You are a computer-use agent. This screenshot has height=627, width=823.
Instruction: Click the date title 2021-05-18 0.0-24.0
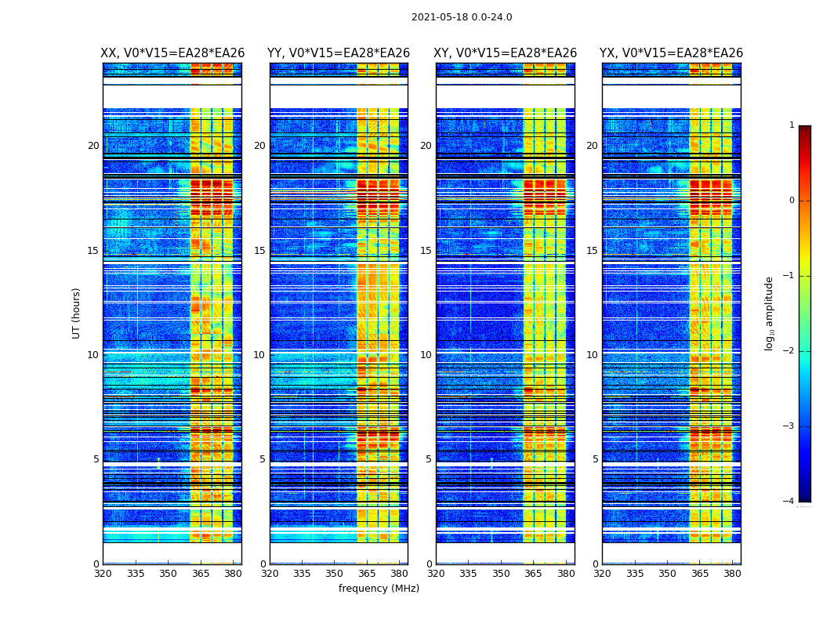tap(462, 17)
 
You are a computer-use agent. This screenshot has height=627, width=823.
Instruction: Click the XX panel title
tap(172, 53)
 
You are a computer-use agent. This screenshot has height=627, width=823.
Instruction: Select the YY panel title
tap(339, 53)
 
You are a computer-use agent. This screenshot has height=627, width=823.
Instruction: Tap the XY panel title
tap(506, 53)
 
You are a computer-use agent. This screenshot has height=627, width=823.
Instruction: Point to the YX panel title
tap(671, 53)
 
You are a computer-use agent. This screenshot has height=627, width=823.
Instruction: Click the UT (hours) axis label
tap(77, 313)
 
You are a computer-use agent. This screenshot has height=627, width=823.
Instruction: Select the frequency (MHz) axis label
tap(379, 589)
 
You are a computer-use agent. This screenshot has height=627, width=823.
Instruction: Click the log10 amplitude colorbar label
tap(770, 313)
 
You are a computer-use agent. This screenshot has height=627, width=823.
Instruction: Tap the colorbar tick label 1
tap(792, 125)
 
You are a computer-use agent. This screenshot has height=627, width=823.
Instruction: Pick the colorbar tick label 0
tap(792, 201)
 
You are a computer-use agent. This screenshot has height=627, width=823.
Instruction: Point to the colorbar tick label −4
tap(789, 502)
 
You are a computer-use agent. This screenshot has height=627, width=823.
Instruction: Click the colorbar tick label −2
tap(789, 351)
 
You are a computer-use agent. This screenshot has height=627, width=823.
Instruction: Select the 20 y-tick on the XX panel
tap(93, 146)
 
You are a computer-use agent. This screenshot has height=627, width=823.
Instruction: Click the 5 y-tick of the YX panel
tap(595, 459)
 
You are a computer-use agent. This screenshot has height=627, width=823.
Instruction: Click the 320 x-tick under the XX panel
tap(103, 574)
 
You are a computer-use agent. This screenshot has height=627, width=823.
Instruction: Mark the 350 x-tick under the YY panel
tap(335, 574)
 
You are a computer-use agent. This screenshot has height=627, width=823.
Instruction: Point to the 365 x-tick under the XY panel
tap(533, 574)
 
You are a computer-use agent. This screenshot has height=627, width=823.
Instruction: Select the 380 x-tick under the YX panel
tap(732, 574)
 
